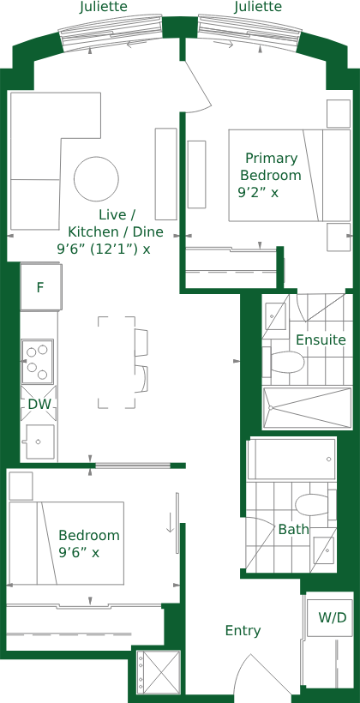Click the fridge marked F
[x=40, y=287]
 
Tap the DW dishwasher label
[x=39, y=404]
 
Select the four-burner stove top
[x=38, y=362]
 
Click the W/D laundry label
[x=333, y=617]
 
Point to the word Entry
[x=243, y=631]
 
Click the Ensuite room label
[x=321, y=339]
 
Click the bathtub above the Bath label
[x=291, y=460]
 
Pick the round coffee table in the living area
[x=96, y=179]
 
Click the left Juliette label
[x=103, y=7]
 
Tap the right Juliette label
[x=258, y=7]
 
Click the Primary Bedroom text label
[x=271, y=166]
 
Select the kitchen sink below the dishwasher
[x=40, y=442]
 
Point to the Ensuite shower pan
[x=307, y=407]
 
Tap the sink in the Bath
[x=325, y=550]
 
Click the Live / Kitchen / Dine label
[x=110, y=231]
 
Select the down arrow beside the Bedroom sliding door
[x=170, y=522]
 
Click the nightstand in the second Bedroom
[x=21, y=485]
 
